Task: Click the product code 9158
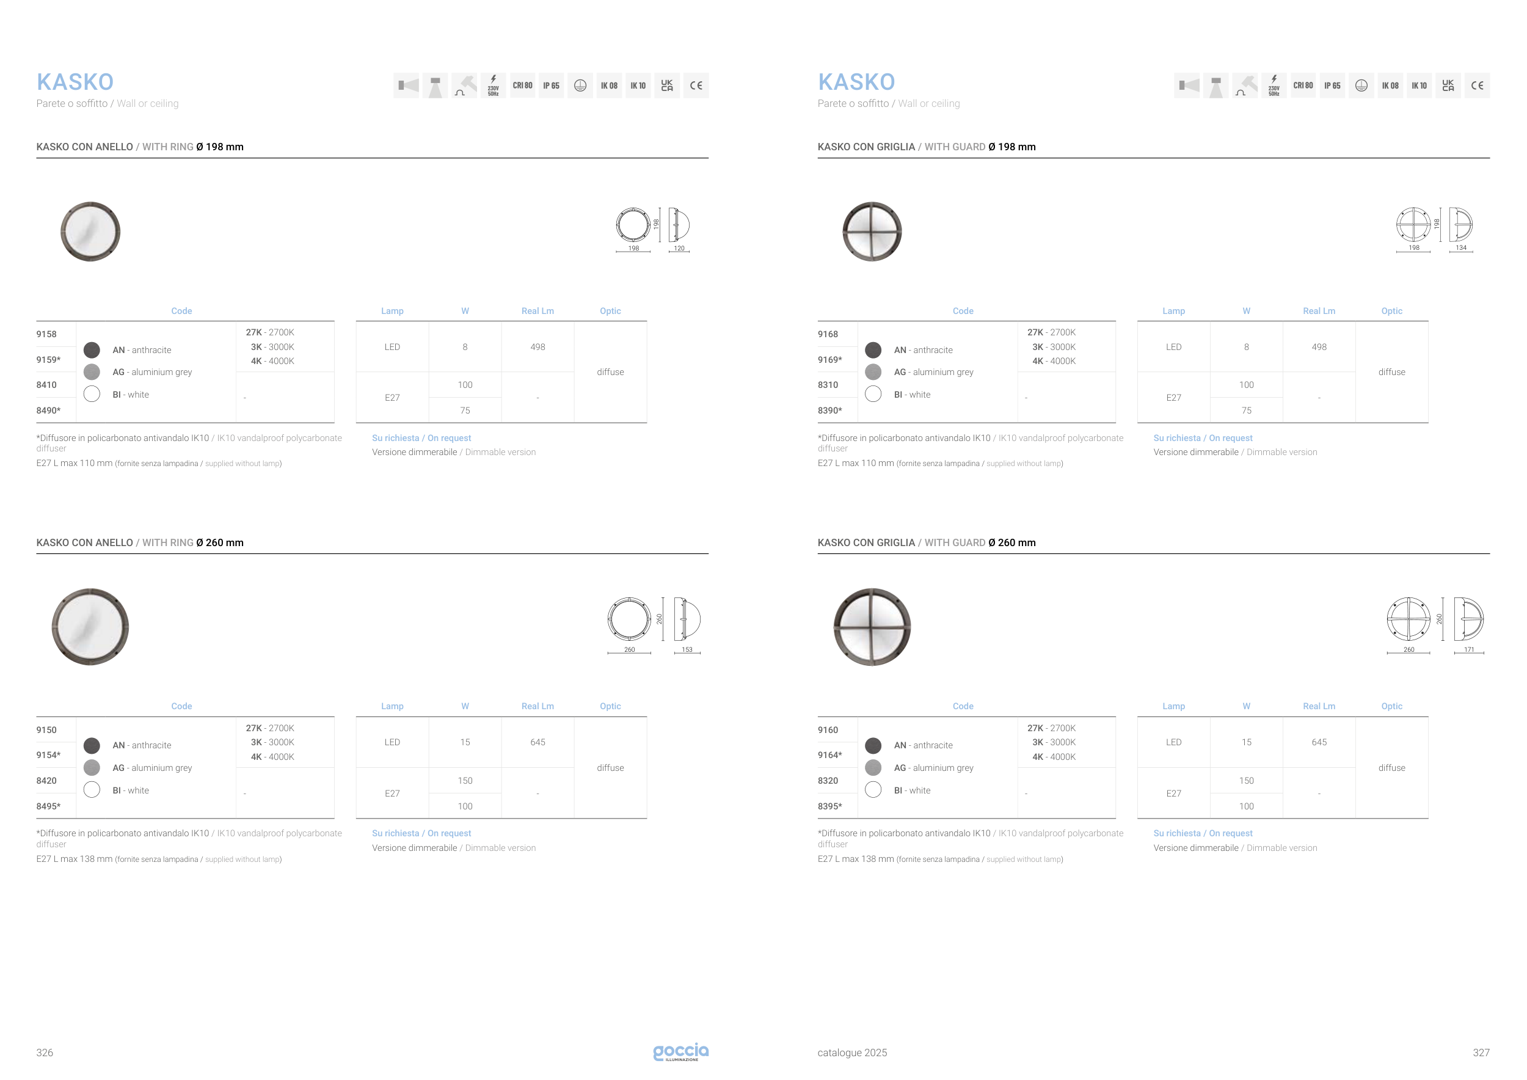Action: [x=46, y=334]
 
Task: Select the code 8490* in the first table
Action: [x=48, y=410]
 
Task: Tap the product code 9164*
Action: [x=830, y=755]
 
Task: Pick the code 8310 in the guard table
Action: [x=828, y=384]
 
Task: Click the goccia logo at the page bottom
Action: [x=680, y=1051]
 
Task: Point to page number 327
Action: [x=1481, y=1053]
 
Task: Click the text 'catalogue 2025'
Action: [x=852, y=1053]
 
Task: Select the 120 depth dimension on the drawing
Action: [x=679, y=248]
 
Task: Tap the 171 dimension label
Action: [x=1469, y=650]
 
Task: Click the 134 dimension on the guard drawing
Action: [x=1461, y=247]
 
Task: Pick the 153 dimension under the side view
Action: [x=687, y=650]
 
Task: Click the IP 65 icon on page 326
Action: [x=552, y=86]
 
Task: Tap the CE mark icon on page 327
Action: [x=1477, y=86]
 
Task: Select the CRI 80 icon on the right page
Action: [x=1303, y=86]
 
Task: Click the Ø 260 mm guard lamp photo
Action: [x=872, y=627]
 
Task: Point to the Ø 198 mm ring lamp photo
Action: [x=90, y=232]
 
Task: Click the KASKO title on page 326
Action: [x=75, y=82]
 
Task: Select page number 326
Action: [x=45, y=1053]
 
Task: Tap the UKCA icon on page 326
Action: [x=667, y=86]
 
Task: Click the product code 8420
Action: [x=46, y=781]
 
